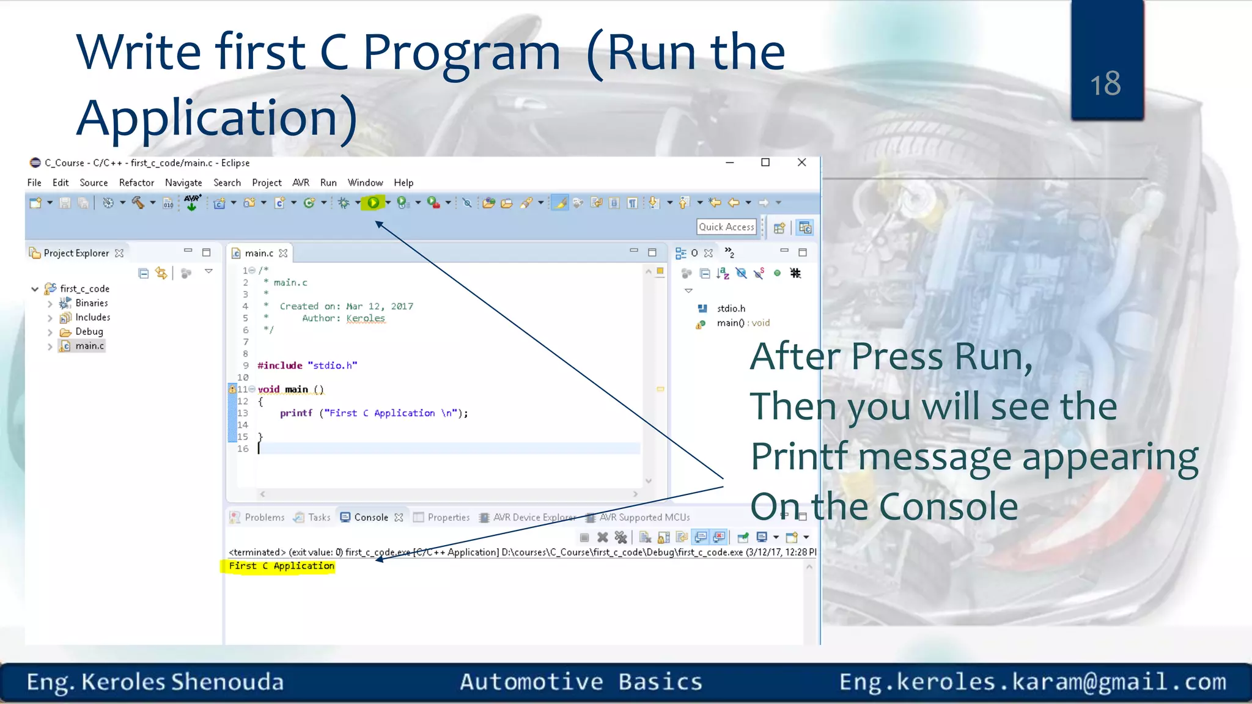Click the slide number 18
tap(1105, 84)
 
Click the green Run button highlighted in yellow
tap(373, 203)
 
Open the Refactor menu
tap(136, 183)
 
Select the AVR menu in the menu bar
tap(300, 183)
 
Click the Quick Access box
tap(726, 227)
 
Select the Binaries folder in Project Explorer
tap(91, 303)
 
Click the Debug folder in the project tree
tap(89, 332)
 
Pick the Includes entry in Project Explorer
tap(92, 317)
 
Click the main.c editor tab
tap(259, 253)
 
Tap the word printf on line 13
tap(296, 413)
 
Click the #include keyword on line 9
tap(280, 365)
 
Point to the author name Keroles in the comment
tap(366, 318)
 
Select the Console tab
tap(370, 518)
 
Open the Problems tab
tap(264, 518)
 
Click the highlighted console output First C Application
tap(281, 566)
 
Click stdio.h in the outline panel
tap(731, 309)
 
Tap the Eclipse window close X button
tap(801, 163)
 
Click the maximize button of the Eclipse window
tap(765, 163)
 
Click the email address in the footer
tap(1032, 682)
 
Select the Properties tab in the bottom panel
tap(448, 518)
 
